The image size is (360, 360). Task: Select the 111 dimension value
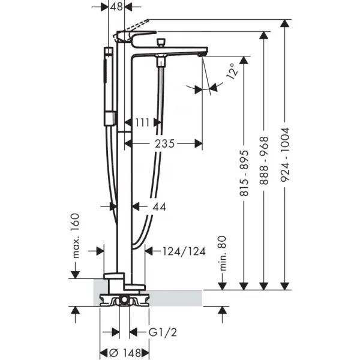pyautogui.click(x=143, y=122)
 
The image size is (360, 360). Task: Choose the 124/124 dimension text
pyautogui.click(x=184, y=251)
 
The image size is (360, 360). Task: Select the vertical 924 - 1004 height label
pyautogui.click(x=284, y=153)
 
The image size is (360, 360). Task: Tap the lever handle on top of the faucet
pyautogui.click(x=137, y=35)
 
